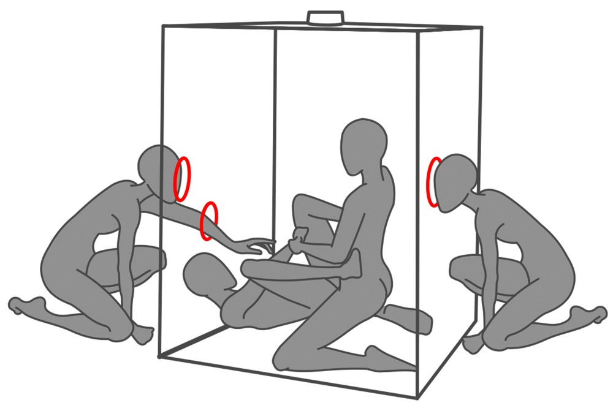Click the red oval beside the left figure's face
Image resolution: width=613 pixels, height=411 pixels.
pos(182,179)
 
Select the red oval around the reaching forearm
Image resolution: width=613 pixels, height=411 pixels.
pos(210,221)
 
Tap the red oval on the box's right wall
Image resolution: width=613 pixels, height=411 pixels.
pos(435,182)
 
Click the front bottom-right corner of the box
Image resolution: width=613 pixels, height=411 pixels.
pos(419,393)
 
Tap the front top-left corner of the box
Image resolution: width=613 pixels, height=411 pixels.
pos(163,26)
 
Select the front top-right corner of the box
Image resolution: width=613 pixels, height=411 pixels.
pos(420,34)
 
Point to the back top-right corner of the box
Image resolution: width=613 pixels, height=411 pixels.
pos(481,28)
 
